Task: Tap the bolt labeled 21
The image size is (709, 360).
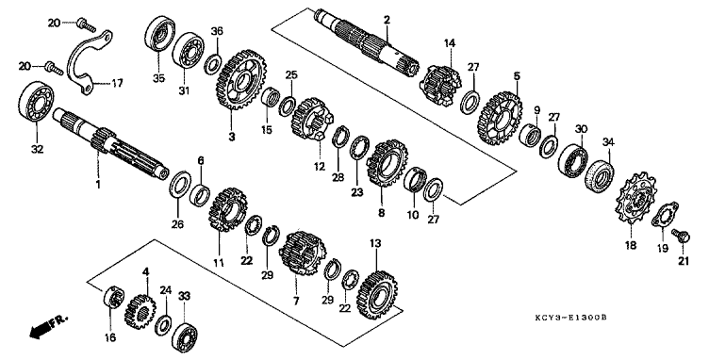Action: pyautogui.click(x=681, y=235)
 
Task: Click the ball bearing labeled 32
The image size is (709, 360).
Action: pyautogui.click(x=36, y=102)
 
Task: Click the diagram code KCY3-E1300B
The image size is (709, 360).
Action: pyautogui.click(x=570, y=318)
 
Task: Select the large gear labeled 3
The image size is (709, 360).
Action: pyautogui.click(x=240, y=80)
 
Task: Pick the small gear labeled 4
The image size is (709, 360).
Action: pyautogui.click(x=140, y=311)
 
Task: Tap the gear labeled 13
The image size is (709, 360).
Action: pyautogui.click(x=375, y=296)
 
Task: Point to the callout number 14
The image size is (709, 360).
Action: pyautogui.click(x=450, y=43)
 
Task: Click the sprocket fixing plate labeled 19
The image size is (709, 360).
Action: pyautogui.click(x=665, y=214)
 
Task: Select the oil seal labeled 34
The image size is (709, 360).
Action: pyautogui.click(x=600, y=175)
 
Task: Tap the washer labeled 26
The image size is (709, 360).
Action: pyautogui.click(x=180, y=184)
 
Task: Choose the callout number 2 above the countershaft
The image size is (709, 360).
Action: pyautogui.click(x=387, y=21)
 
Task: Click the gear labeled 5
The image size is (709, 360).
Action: pyautogui.click(x=500, y=119)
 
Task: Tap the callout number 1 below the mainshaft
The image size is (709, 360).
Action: pyautogui.click(x=98, y=185)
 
